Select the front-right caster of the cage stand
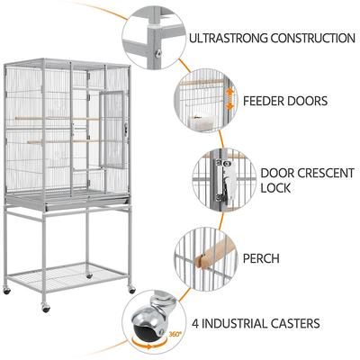pos(131,288)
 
